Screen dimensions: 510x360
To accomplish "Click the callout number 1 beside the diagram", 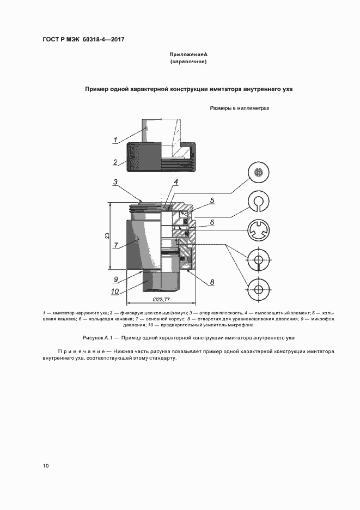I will coord(115,140).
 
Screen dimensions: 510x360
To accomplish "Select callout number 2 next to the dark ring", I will coord(115,162).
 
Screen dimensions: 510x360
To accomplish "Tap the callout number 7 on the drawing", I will coord(115,245).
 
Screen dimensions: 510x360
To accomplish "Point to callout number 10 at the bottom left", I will coord(115,292).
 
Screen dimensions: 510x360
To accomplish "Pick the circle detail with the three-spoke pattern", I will coord(259,230).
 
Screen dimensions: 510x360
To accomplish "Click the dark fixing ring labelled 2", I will coord(144,157).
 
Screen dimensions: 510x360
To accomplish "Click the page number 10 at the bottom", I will coord(46,466).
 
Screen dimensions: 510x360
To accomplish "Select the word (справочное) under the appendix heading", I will coord(188,62).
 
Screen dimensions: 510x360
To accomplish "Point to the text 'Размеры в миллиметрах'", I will coord(240,108).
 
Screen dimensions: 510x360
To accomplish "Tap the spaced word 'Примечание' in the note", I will coord(82,352).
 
